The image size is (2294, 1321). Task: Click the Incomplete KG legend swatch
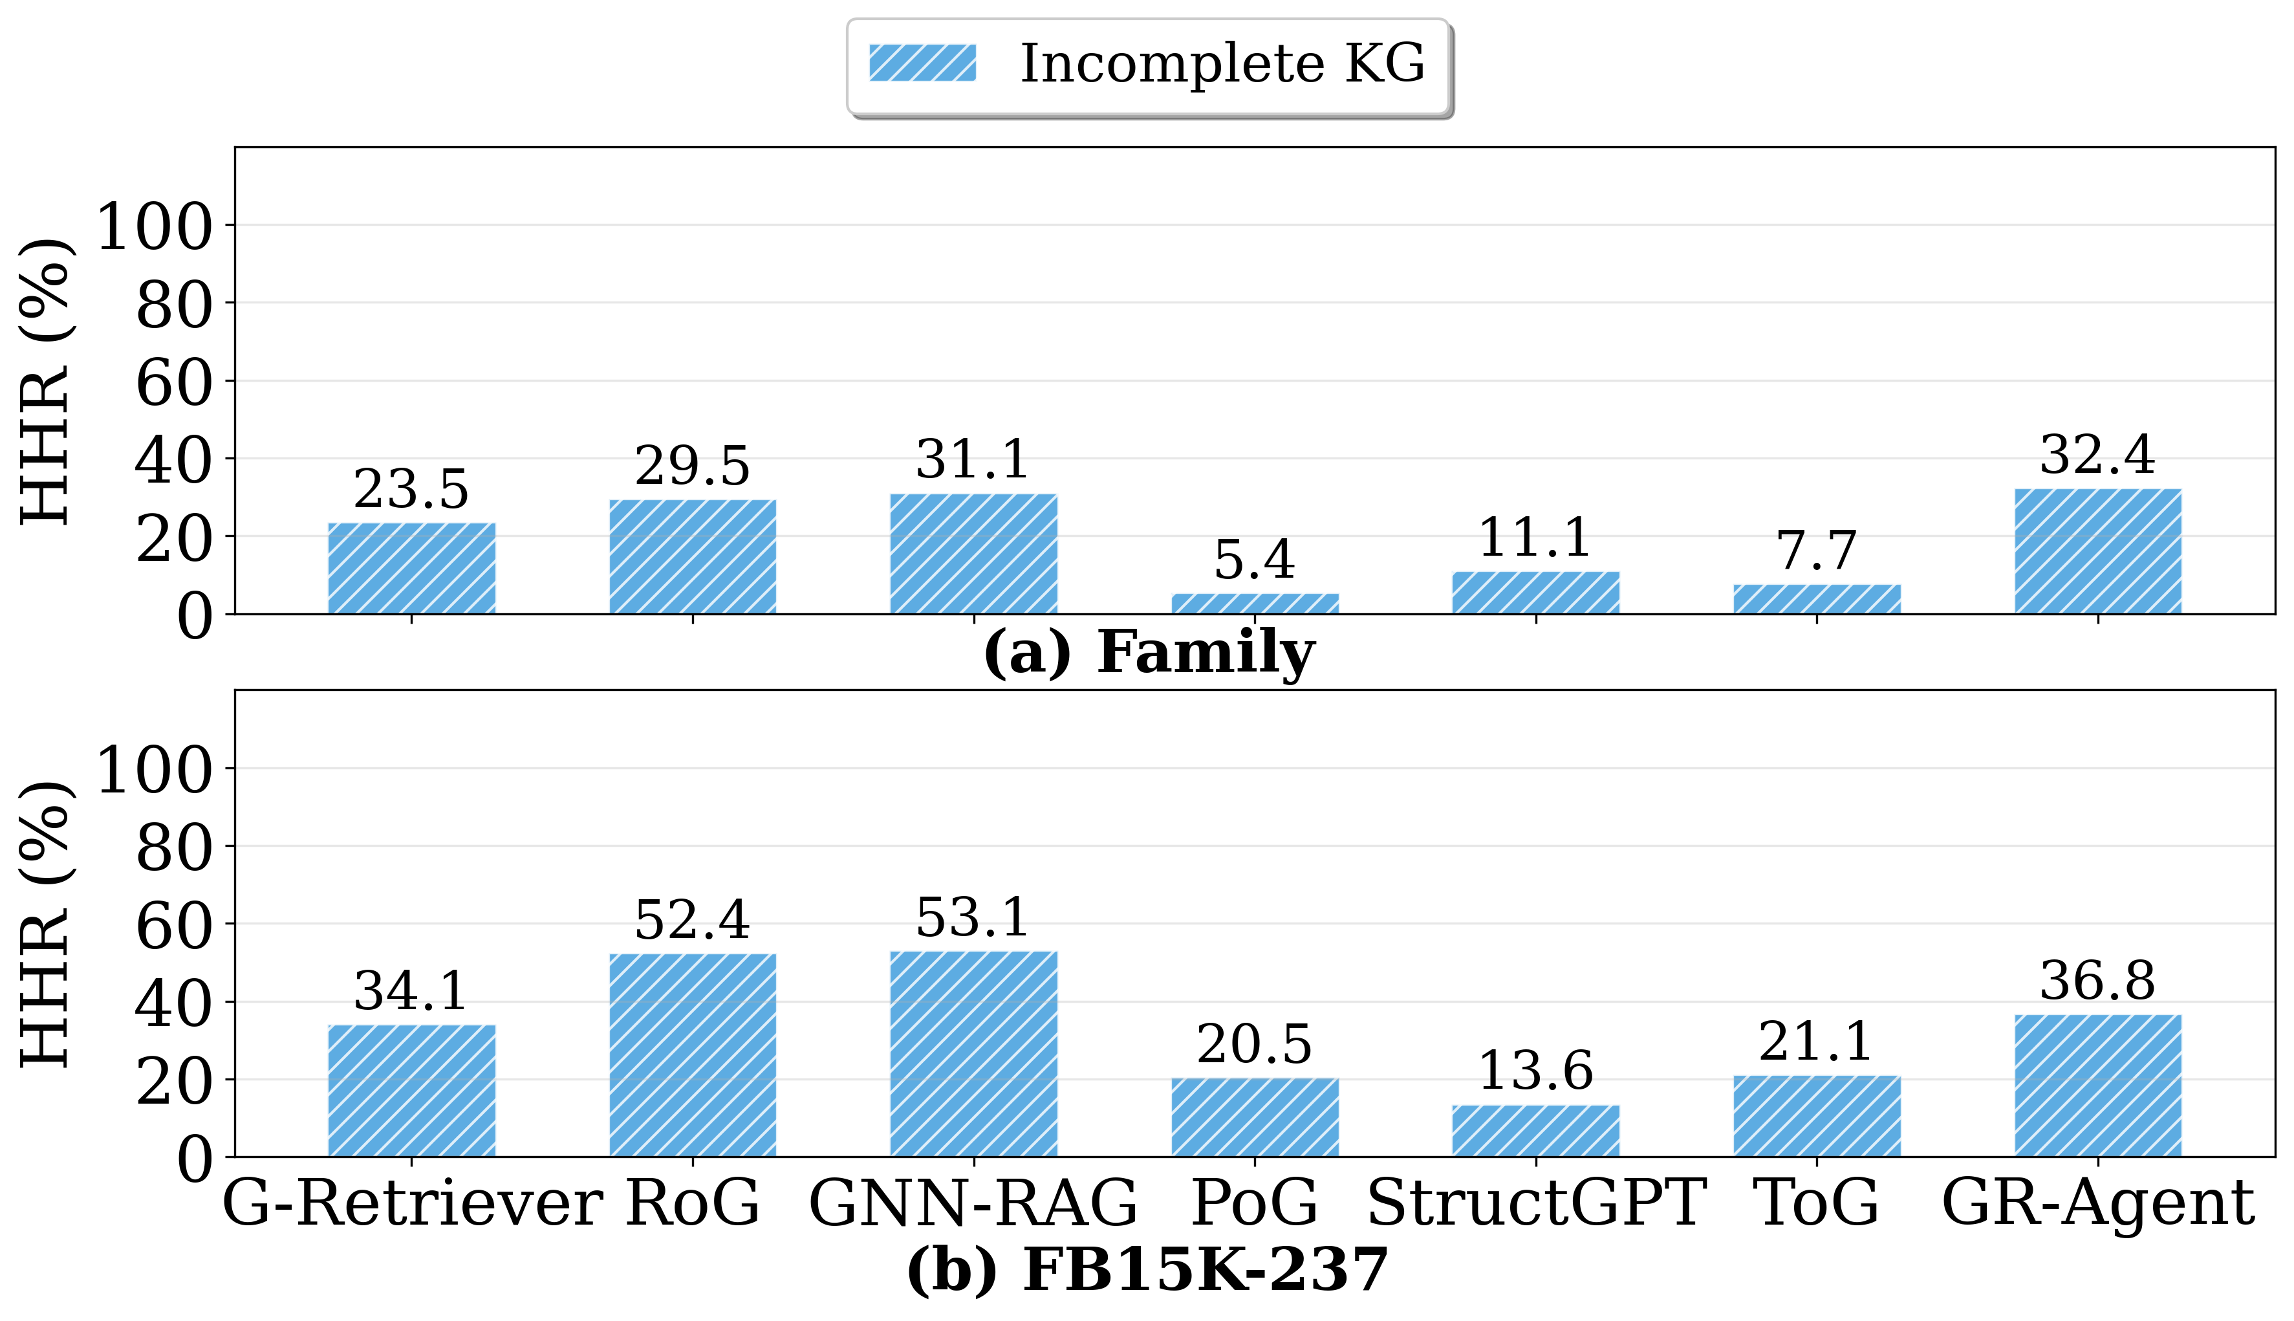click(x=922, y=63)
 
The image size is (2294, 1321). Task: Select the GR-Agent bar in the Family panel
click(x=2097, y=552)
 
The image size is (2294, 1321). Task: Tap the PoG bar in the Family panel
click(x=1255, y=604)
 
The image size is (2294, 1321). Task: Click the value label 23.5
click(x=411, y=490)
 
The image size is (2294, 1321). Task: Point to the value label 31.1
click(x=973, y=460)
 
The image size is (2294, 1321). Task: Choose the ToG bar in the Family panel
click(x=1816, y=599)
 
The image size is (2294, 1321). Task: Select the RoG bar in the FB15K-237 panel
click(x=692, y=1054)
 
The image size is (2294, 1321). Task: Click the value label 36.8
click(x=2097, y=981)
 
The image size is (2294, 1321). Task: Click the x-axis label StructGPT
click(x=1535, y=1204)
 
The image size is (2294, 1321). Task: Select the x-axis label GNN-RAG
click(x=973, y=1204)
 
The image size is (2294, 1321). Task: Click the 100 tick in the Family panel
click(x=154, y=227)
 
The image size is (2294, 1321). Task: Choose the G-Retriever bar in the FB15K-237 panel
click(x=411, y=1091)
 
